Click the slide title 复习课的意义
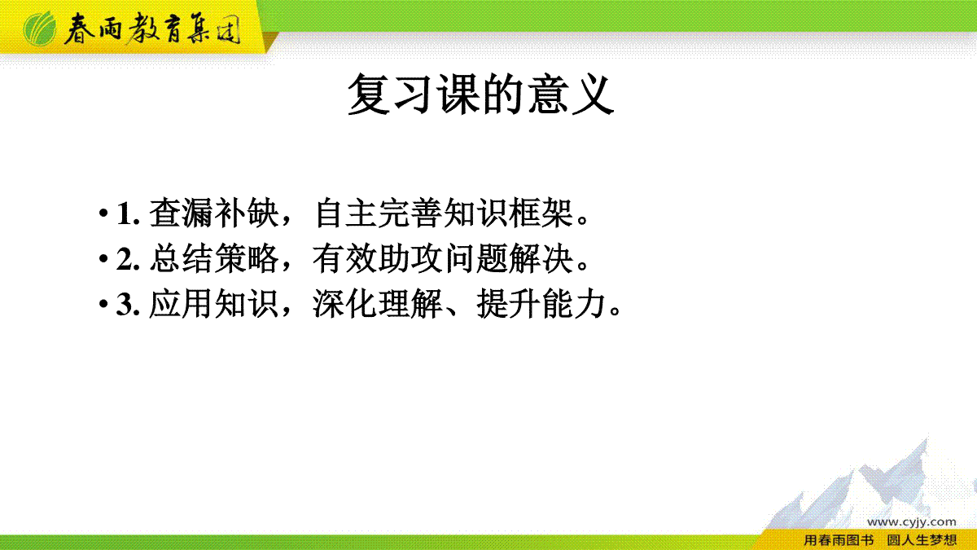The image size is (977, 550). (x=480, y=94)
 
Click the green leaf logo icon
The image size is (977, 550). (x=40, y=29)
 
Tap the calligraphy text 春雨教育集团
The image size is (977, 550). (x=152, y=29)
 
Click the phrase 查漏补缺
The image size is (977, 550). (x=214, y=213)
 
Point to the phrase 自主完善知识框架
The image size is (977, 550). (x=444, y=213)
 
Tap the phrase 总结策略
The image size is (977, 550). (x=214, y=258)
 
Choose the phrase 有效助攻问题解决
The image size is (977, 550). (x=443, y=258)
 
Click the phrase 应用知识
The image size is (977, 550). (x=214, y=304)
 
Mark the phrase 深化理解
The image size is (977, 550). (x=378, y=304)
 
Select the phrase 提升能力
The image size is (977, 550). (x=541, y=304)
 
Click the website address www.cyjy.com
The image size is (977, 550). (x=911, y=521)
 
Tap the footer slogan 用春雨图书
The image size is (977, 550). (x=839, y=540)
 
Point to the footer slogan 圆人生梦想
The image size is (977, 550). (x=922, y=540)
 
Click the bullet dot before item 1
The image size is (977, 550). (x=103, y=213)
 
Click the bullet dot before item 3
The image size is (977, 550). (x=103, y=304)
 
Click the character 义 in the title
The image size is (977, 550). (x=594, y=94)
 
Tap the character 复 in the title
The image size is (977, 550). (x=369, y=94)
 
